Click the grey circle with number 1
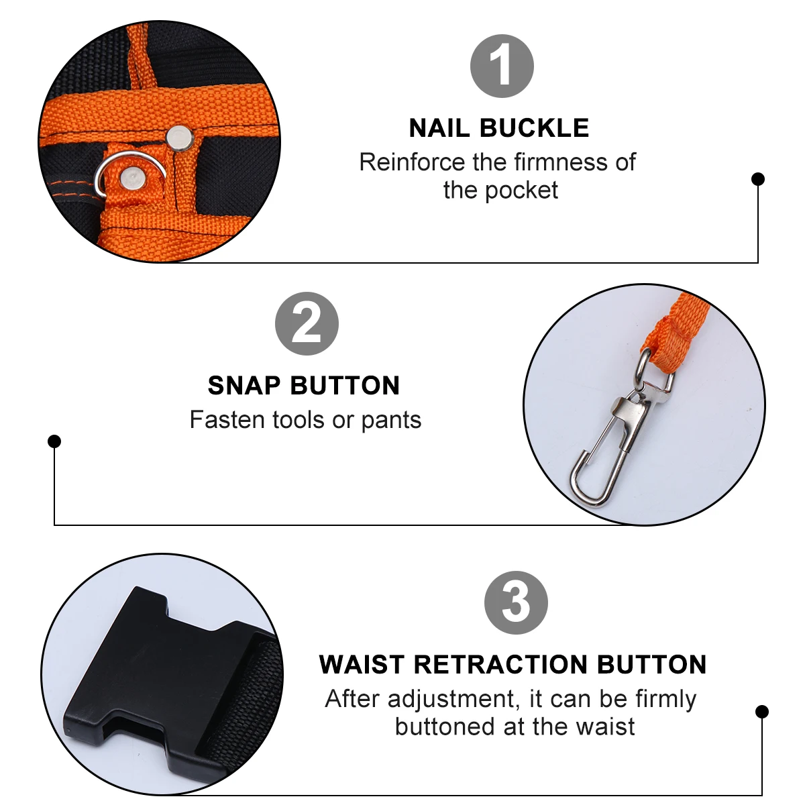[502, 66]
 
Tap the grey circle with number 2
[307, 324]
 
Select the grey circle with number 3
[516, 602]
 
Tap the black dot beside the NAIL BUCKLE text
[758, 178]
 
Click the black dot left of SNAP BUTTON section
[54, 441]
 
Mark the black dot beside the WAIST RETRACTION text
[761, 711]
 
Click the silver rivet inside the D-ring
[131, 177]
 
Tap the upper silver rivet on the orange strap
[179, 136]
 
